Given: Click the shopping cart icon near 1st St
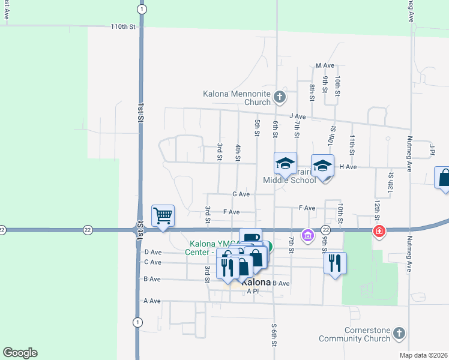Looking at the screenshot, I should (x=163, y=215).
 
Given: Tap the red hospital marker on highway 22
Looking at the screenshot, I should (x=379, y=231).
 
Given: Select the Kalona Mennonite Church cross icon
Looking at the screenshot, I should (x=279, y=96).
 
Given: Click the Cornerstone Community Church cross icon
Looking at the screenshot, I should (x=399, y=333).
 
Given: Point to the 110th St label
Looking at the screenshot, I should (x=123, y=27).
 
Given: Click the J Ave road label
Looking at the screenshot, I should (x=297, y=116).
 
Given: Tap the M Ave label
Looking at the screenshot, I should (x=324, y=65).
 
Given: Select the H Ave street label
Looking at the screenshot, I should (x=348, y=167).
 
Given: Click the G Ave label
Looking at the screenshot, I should (x=240, y=194).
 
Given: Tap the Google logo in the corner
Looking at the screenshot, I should (x=20, y=353).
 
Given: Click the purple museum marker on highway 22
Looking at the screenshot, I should (x=308, y=235).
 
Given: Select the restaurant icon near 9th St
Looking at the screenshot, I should (x=334, y=263).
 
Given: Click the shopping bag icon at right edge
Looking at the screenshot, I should (x=443, y=178).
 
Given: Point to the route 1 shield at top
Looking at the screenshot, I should (x=141, y=10).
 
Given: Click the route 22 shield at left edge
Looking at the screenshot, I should (x=2, y=229).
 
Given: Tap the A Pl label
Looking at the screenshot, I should (x=252, y=291).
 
